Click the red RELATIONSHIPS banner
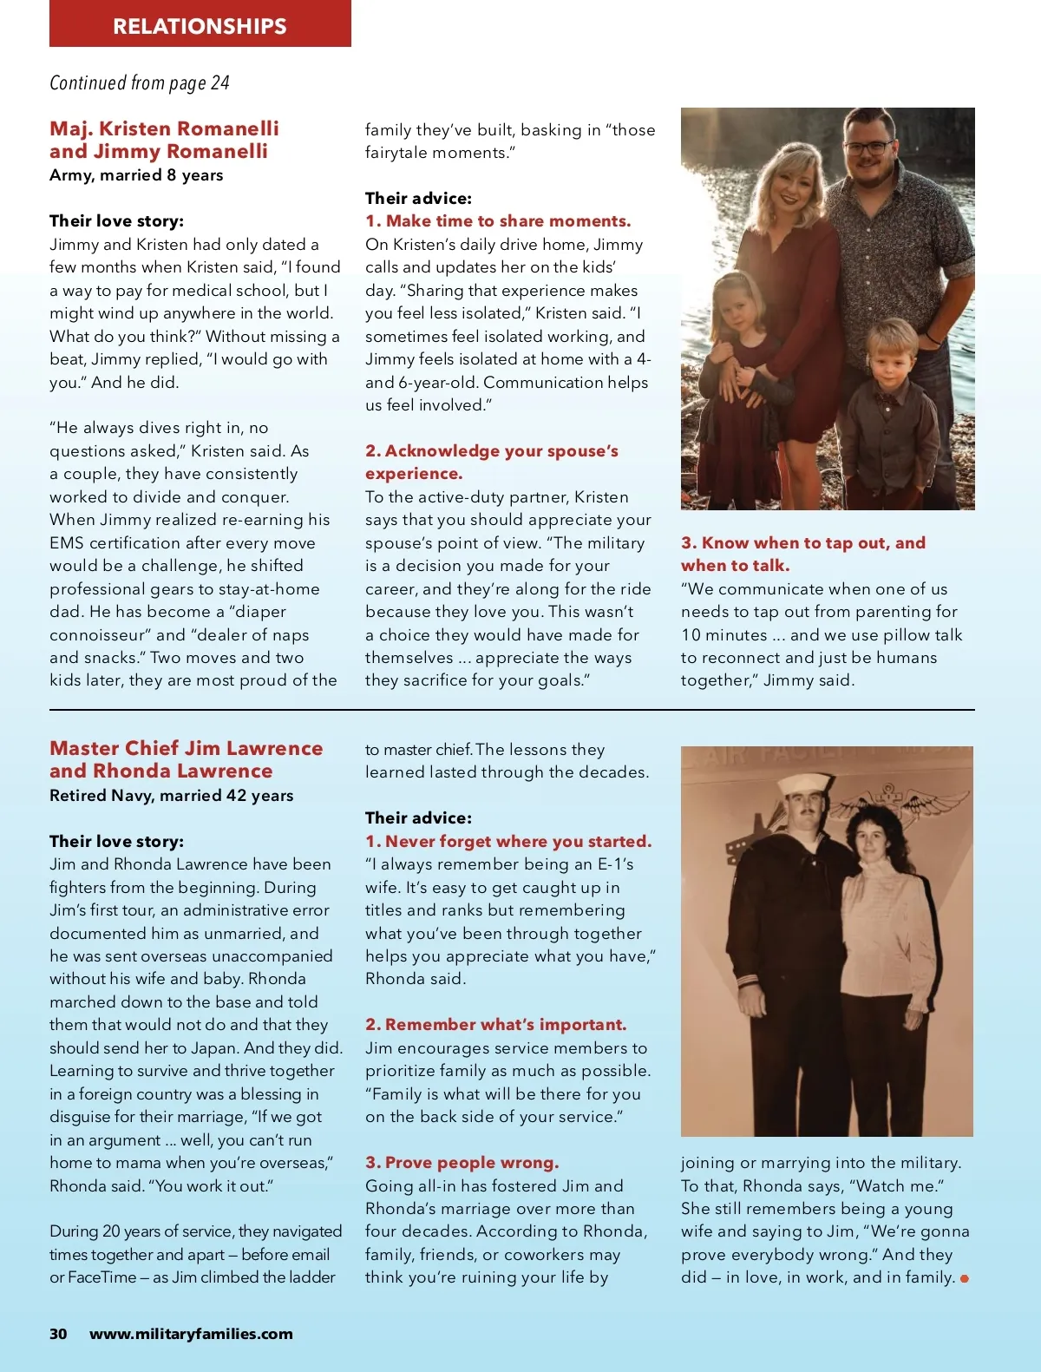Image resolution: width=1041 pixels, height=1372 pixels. [200, 24]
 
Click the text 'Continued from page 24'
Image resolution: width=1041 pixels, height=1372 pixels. [140, 83]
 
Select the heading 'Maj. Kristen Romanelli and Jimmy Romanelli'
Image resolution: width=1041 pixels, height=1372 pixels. [164, 140]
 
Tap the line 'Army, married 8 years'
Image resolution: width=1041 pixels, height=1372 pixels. [136, 175]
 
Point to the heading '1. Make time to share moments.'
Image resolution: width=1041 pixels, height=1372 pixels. [498, 221]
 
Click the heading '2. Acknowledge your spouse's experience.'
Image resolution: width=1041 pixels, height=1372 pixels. [491, 462]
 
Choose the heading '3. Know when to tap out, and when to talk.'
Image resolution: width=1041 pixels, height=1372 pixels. [802, 554]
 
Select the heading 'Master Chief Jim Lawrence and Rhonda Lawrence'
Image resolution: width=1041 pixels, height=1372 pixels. [186, 759]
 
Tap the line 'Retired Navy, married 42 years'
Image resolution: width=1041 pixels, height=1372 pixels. [171, 796]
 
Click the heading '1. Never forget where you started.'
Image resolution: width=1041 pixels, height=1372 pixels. [507, 841]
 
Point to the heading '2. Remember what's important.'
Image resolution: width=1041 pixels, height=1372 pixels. [495, 1025]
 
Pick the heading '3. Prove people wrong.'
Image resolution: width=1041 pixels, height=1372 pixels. [462, 1163]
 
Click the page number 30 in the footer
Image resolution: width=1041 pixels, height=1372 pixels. [58, 1334]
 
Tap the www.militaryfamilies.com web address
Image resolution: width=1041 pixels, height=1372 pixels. [191, 1334]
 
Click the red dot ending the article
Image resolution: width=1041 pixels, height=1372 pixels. [965, 1278]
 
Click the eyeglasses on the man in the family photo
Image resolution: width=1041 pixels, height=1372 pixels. [868, 147]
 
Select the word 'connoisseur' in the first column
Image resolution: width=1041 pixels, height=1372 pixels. [97, 635]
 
